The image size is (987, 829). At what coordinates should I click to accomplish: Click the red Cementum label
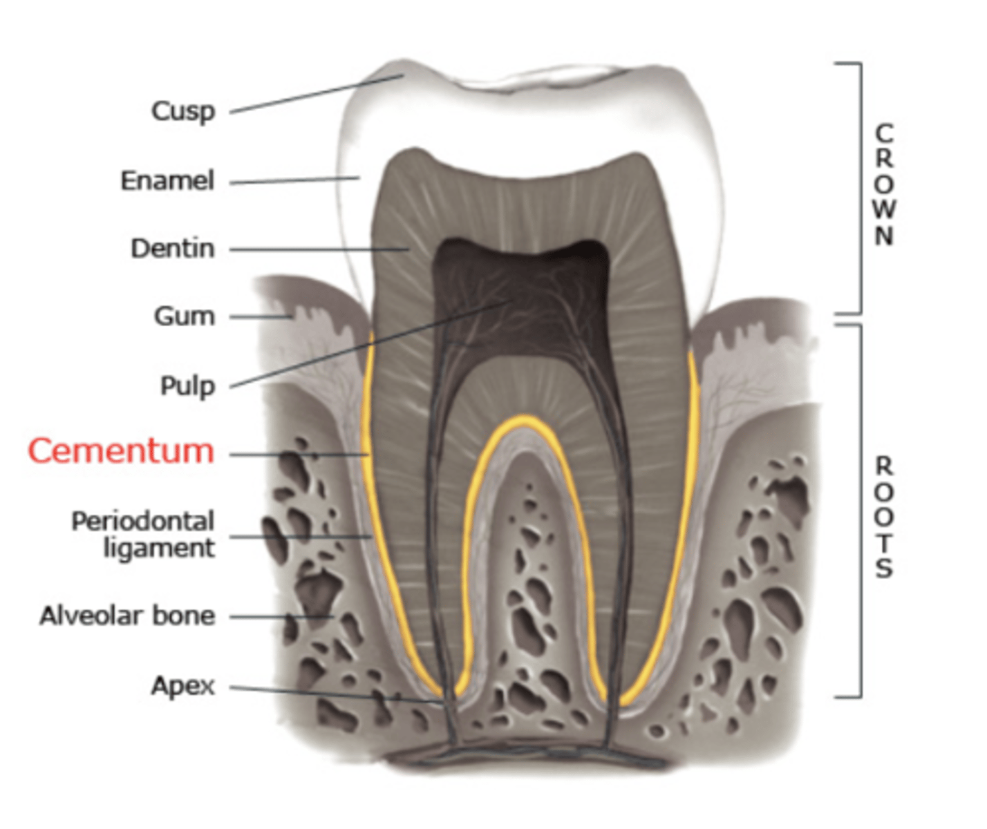click(121, 451)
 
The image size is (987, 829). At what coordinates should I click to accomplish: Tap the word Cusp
click(183, 111)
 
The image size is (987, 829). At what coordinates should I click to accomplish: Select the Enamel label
click(167, 181)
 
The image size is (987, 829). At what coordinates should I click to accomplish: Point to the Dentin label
click(173, 249)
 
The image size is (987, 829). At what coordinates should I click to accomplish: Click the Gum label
click(184, 316)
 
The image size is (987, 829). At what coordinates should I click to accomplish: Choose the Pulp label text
click(187, 385)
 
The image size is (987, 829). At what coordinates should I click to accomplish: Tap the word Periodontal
click(143, 521)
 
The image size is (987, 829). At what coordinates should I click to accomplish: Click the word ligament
click(159, 549)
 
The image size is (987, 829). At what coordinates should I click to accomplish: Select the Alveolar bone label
click(127, 616)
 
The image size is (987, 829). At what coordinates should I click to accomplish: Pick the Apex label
click(183, 686)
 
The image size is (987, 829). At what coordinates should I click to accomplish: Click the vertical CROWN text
click(884, 184)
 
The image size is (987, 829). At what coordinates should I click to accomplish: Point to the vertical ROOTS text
click(884, 517)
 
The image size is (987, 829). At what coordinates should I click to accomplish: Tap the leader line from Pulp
click(366, 344)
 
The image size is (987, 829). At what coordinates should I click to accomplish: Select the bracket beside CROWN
click(861, 187)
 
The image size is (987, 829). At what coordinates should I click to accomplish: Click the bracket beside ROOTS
click(861, 511)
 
